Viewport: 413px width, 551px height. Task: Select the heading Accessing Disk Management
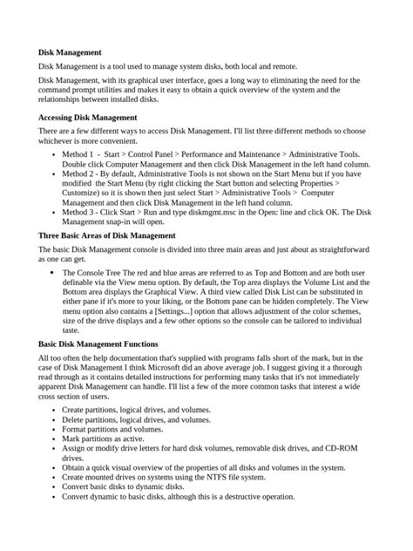tap(87, 116)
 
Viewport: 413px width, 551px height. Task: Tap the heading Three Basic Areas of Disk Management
tap(107, 235)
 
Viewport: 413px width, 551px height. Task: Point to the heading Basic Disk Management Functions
tap(98, 344)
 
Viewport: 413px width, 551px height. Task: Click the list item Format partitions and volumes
tap(112, 429)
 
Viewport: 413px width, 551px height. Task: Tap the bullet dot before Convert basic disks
tap(55, 487)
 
